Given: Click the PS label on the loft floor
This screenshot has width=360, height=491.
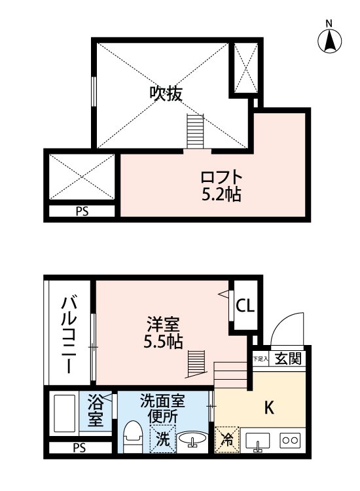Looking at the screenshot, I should coord(81,211).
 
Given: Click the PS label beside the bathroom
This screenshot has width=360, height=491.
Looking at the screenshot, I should coord(80,449).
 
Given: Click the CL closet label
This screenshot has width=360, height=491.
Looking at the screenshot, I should coord(246,305).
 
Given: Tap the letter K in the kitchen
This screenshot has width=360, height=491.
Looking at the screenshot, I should coord(268,408).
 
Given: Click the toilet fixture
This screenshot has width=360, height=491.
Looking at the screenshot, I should coord(133,437).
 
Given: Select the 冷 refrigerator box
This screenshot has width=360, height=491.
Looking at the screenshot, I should coord(226,440).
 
